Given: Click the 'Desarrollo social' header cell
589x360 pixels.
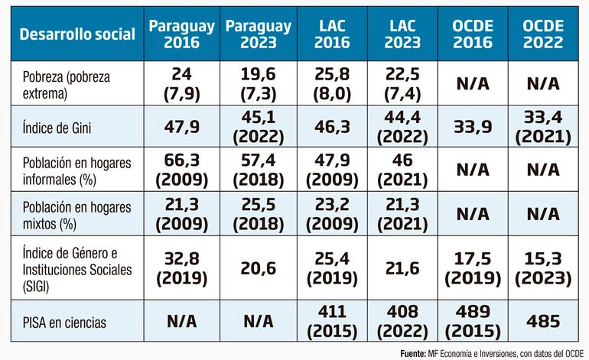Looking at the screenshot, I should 77,34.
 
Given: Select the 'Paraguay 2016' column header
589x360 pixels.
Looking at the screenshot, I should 181,34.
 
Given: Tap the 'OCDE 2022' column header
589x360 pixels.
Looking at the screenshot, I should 542,34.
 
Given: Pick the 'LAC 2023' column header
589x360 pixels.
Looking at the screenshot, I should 402,34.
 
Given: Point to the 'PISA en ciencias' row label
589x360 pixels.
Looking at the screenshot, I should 63,323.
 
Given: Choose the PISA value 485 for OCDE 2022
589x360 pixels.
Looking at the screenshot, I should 542,323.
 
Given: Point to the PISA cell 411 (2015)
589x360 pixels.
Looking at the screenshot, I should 331,323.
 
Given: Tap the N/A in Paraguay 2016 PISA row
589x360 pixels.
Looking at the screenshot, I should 181,323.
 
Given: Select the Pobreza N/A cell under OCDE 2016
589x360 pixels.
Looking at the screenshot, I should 473,83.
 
